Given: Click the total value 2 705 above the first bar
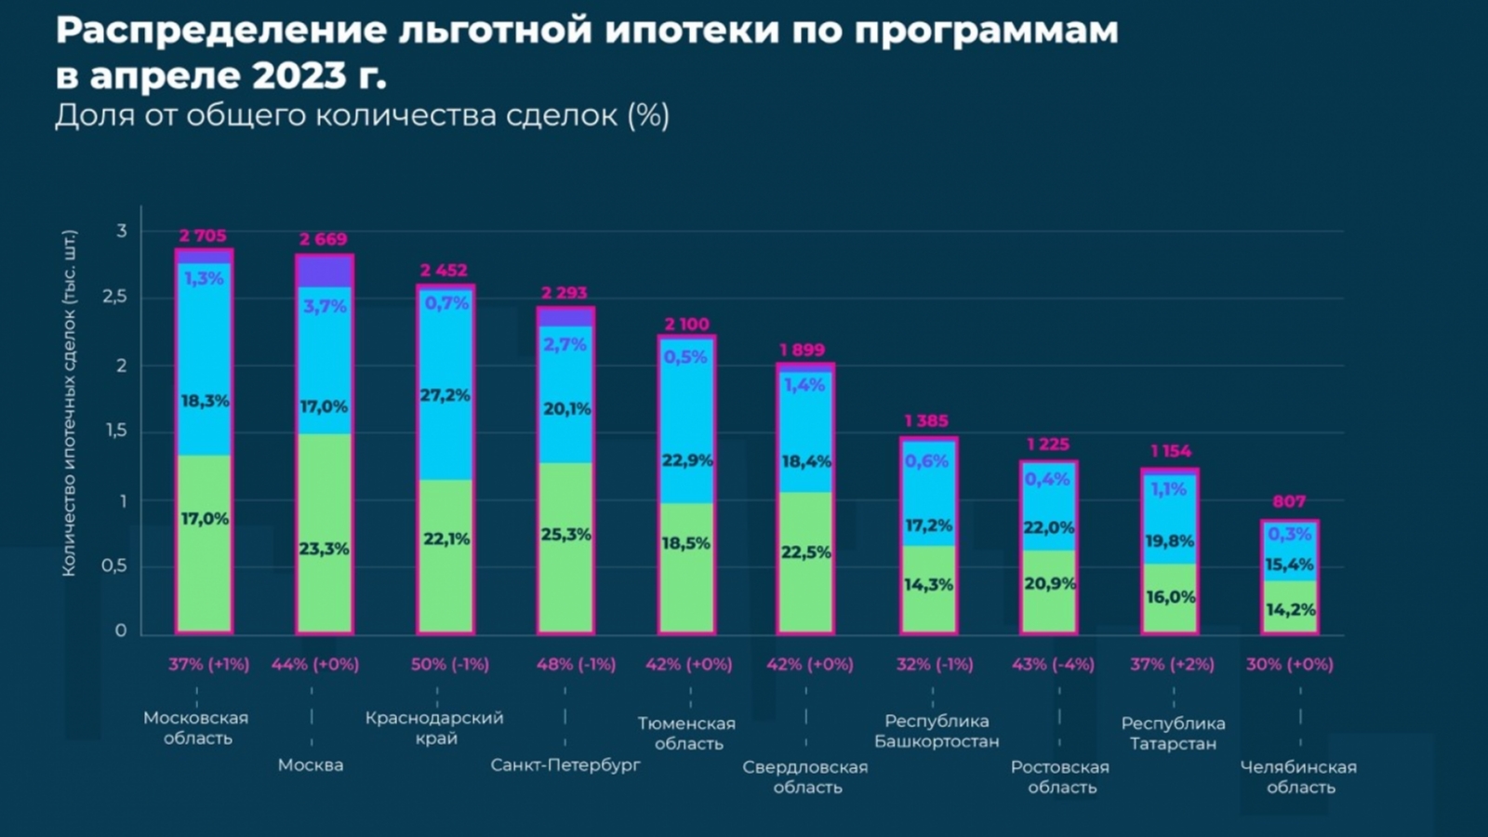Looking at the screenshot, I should coord(203,236).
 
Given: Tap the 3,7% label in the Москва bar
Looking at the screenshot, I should coord(325,306).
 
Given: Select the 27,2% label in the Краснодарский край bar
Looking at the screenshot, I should coord(445,395).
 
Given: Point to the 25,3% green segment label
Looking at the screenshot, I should coord(565,535).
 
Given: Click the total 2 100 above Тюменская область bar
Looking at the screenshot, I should coord(686,325).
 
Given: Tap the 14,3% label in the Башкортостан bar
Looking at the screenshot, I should coord(928,585).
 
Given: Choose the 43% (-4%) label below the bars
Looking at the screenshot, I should coord(1053,664).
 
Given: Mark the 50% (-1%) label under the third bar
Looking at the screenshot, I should coord(449,664).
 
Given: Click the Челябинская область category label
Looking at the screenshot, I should coord(1299,777).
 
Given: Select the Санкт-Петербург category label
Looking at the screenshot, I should coord(565,765).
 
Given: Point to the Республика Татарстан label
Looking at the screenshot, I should coord(1173,733).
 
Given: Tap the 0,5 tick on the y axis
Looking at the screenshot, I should coord(114,565).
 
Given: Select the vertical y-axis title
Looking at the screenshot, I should coord(69,403).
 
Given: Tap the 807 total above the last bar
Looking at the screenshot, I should coord(1289,502).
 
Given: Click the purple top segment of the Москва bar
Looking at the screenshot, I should coord(325,272).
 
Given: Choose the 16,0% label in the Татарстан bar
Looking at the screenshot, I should coord(1170,597).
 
